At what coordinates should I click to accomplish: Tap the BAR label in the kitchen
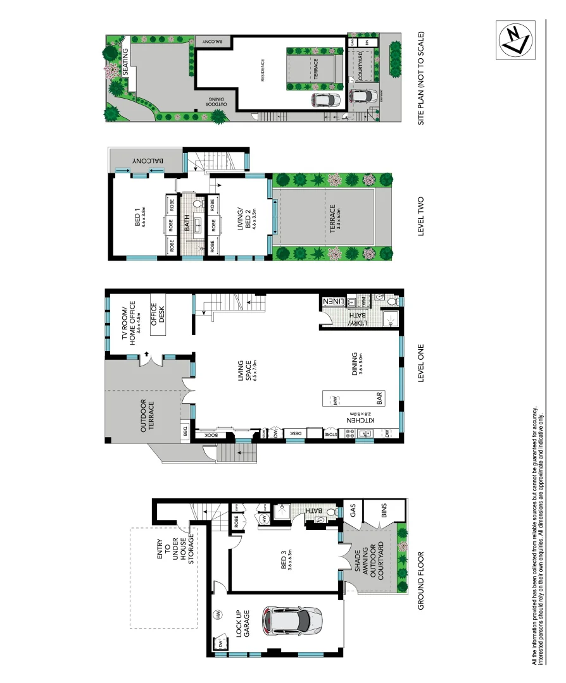pos(380,399)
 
